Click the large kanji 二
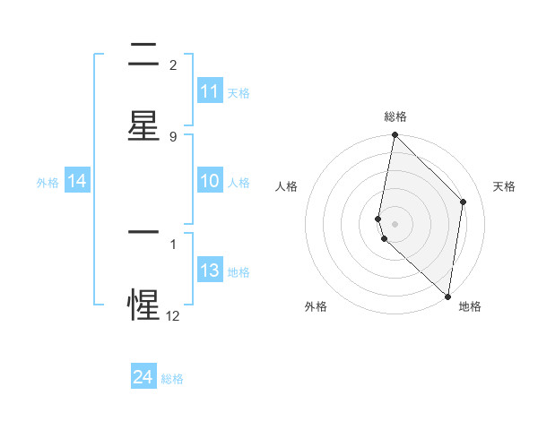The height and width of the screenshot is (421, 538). coord(143,56)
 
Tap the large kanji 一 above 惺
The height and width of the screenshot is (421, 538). coord(143,231)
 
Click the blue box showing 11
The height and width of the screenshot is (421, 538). coord(210,91)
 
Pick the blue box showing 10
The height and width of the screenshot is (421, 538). coord(210,181)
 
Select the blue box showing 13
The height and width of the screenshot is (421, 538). coord(210,271)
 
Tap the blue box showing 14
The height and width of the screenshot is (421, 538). coord(77,181)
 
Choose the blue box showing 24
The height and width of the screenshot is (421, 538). coord(143,378)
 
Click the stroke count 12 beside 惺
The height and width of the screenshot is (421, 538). coord(173,315)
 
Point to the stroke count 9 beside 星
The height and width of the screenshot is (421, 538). coord(173,136)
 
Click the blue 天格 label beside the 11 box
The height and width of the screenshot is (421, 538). coord(239,92)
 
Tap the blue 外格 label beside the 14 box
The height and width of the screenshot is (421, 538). coord(48,182)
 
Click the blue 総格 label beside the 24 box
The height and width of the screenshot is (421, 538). coord(172,379)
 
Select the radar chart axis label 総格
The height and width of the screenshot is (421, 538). coord(395,116)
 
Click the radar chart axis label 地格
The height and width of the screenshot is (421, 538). coord(470,306)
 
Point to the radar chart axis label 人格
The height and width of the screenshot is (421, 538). coord(287,186)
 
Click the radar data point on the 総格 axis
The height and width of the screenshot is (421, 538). coord(395,135)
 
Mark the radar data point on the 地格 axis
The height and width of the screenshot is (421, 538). coord(447,296)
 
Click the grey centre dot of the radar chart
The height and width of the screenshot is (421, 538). coord(395,223)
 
